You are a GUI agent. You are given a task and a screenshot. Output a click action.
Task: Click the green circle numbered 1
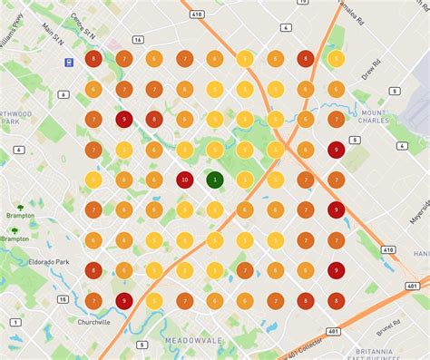pyautogui.click(x=214, y=180)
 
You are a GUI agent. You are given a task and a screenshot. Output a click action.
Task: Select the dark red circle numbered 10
pyautogui.click(x=184, y=180)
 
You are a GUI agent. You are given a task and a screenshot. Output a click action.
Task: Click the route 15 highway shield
pyautogui.click(x=63, y=298)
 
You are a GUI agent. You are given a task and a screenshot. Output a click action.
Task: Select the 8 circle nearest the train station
pyautogui.click(x=93, y=59)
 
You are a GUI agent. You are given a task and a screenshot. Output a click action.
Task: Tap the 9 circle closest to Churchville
pyautogui.click(x=123, y=300)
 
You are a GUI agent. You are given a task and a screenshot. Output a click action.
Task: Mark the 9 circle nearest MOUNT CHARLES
pyautogui.click(x=336, y=150)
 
